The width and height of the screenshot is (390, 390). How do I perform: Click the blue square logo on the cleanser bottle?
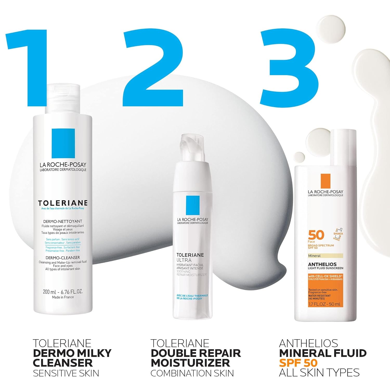tap(63, 143)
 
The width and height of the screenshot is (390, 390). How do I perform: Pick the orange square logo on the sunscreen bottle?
tap(325, 181)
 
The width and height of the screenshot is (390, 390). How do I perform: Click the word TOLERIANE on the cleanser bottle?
tap(63, 203)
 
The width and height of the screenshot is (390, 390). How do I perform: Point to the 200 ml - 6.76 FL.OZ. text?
tap(63, 292)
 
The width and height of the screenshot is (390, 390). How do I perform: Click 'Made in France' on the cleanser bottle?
tap(63, 297)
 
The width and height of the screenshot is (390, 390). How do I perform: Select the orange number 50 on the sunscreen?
tap(316, 235)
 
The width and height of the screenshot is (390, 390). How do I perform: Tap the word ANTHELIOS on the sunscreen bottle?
tap(322, 264)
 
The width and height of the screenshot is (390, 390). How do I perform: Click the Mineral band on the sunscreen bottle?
tap(325, 256)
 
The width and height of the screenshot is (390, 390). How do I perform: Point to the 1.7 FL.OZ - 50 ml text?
tap(324, 304)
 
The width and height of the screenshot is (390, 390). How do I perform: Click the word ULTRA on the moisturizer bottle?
tap(184, 260)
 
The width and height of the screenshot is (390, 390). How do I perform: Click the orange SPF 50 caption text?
tap(298, 363)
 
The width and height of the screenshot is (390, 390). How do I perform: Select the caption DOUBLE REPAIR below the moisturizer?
tap(196, 353)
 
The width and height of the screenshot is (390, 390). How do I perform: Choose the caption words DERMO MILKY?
tap(72, 353)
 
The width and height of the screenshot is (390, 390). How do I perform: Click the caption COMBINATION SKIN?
tap(192, 373)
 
